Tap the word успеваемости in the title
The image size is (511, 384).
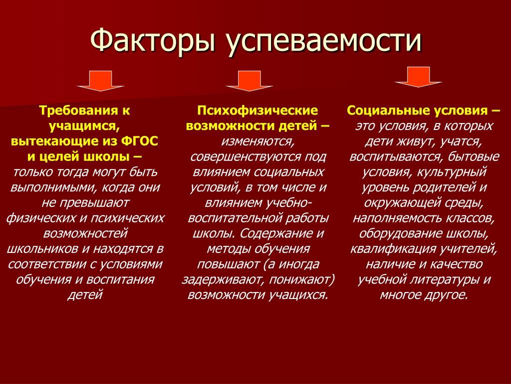tap(324, 41)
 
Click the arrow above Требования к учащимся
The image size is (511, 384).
tap(100, 80)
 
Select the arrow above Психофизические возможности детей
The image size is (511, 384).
tap(250, 80)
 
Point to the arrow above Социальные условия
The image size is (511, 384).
tap(419, 77)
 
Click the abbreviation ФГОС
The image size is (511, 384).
tap(140, 141)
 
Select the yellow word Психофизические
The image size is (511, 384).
tap(257, 110)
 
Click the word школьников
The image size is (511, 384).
tap(43, 249)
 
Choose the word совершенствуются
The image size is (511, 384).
tap(246, 157)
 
